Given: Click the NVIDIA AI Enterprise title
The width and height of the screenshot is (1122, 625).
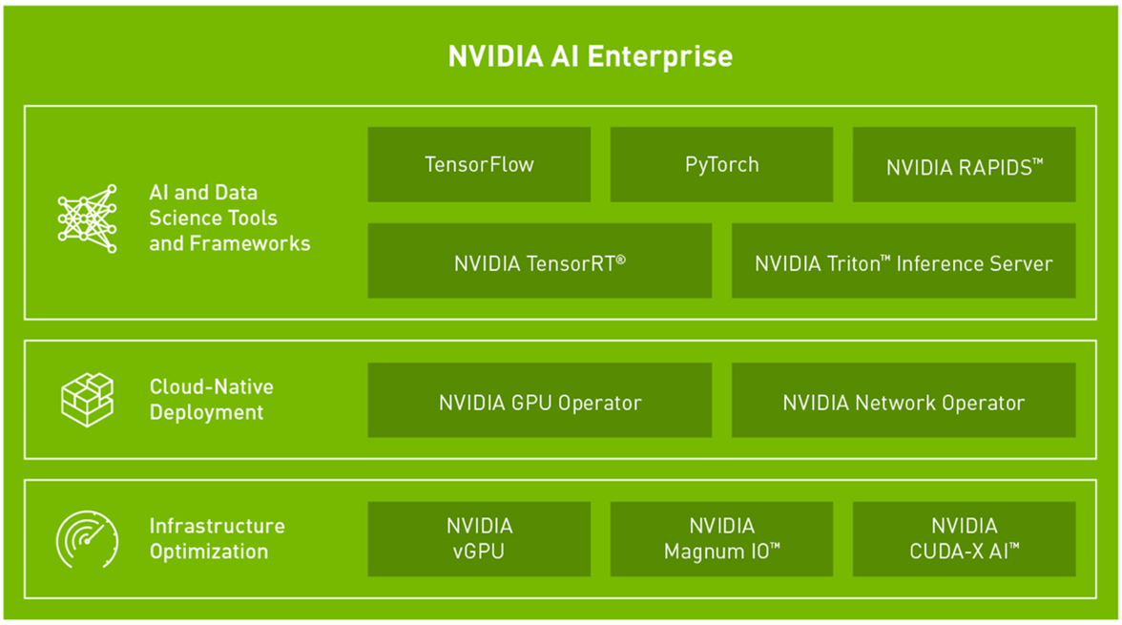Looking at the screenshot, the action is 591,56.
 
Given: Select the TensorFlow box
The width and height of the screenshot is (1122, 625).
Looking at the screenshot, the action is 479,165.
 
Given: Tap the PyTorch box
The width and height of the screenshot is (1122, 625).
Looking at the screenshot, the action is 721,165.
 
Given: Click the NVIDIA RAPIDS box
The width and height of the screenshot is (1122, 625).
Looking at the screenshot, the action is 964,165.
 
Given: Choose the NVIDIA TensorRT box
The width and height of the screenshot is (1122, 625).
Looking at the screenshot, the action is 540,260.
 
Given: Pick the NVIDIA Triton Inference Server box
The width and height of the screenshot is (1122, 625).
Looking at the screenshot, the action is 903,260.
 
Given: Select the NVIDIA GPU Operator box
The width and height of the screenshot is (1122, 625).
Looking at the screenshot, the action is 540,400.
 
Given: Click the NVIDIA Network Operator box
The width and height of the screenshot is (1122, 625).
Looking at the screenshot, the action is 903,400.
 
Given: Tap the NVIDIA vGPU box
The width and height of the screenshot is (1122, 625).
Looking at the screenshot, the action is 479,539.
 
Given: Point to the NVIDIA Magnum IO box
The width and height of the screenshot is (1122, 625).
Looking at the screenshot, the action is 721,539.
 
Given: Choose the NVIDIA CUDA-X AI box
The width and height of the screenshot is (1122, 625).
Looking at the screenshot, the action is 964,539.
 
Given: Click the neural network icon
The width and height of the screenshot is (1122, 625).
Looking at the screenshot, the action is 88,219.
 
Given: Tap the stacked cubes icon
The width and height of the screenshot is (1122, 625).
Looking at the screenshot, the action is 88,400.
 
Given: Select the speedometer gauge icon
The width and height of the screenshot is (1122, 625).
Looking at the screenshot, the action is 87,539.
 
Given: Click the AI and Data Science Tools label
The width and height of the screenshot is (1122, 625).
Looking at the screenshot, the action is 230,218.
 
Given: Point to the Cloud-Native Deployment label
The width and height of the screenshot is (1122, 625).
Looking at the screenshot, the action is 211,400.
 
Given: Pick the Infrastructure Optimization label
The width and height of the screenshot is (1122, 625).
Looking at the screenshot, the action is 217,538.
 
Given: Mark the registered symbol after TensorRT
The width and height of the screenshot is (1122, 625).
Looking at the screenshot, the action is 620,260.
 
